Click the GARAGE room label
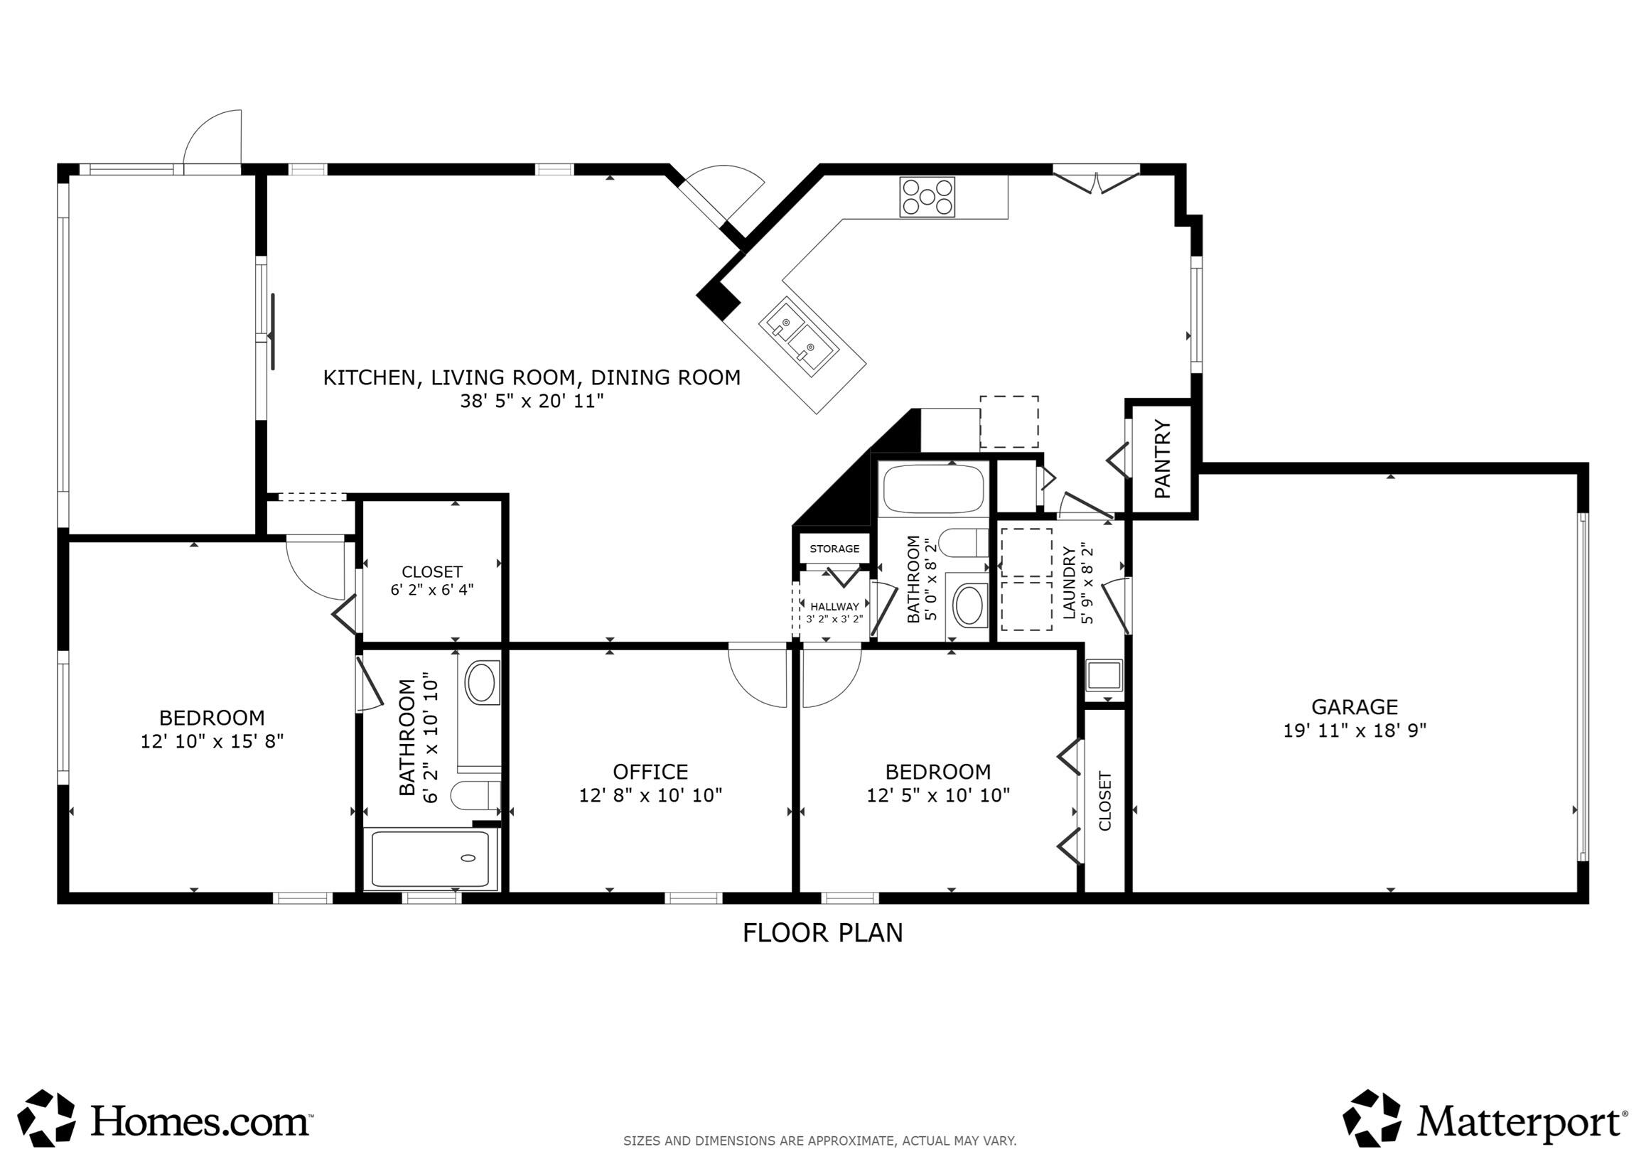click(1354, 706)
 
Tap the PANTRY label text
click(1162, 460)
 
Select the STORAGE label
click(834, 549)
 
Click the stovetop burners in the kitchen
click(927, 196)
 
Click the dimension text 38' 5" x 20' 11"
click(531, 401)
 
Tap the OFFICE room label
click(650, 771)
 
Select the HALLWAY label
click(834, 606)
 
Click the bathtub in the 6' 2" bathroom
click(430, 859)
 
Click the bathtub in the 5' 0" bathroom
click(933, 490)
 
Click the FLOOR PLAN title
click(822, 933)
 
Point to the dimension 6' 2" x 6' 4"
click(431, 590)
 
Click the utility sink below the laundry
click(1103, 675)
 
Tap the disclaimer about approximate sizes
click(819, 1141)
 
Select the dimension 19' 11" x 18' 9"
click(1354, 731)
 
